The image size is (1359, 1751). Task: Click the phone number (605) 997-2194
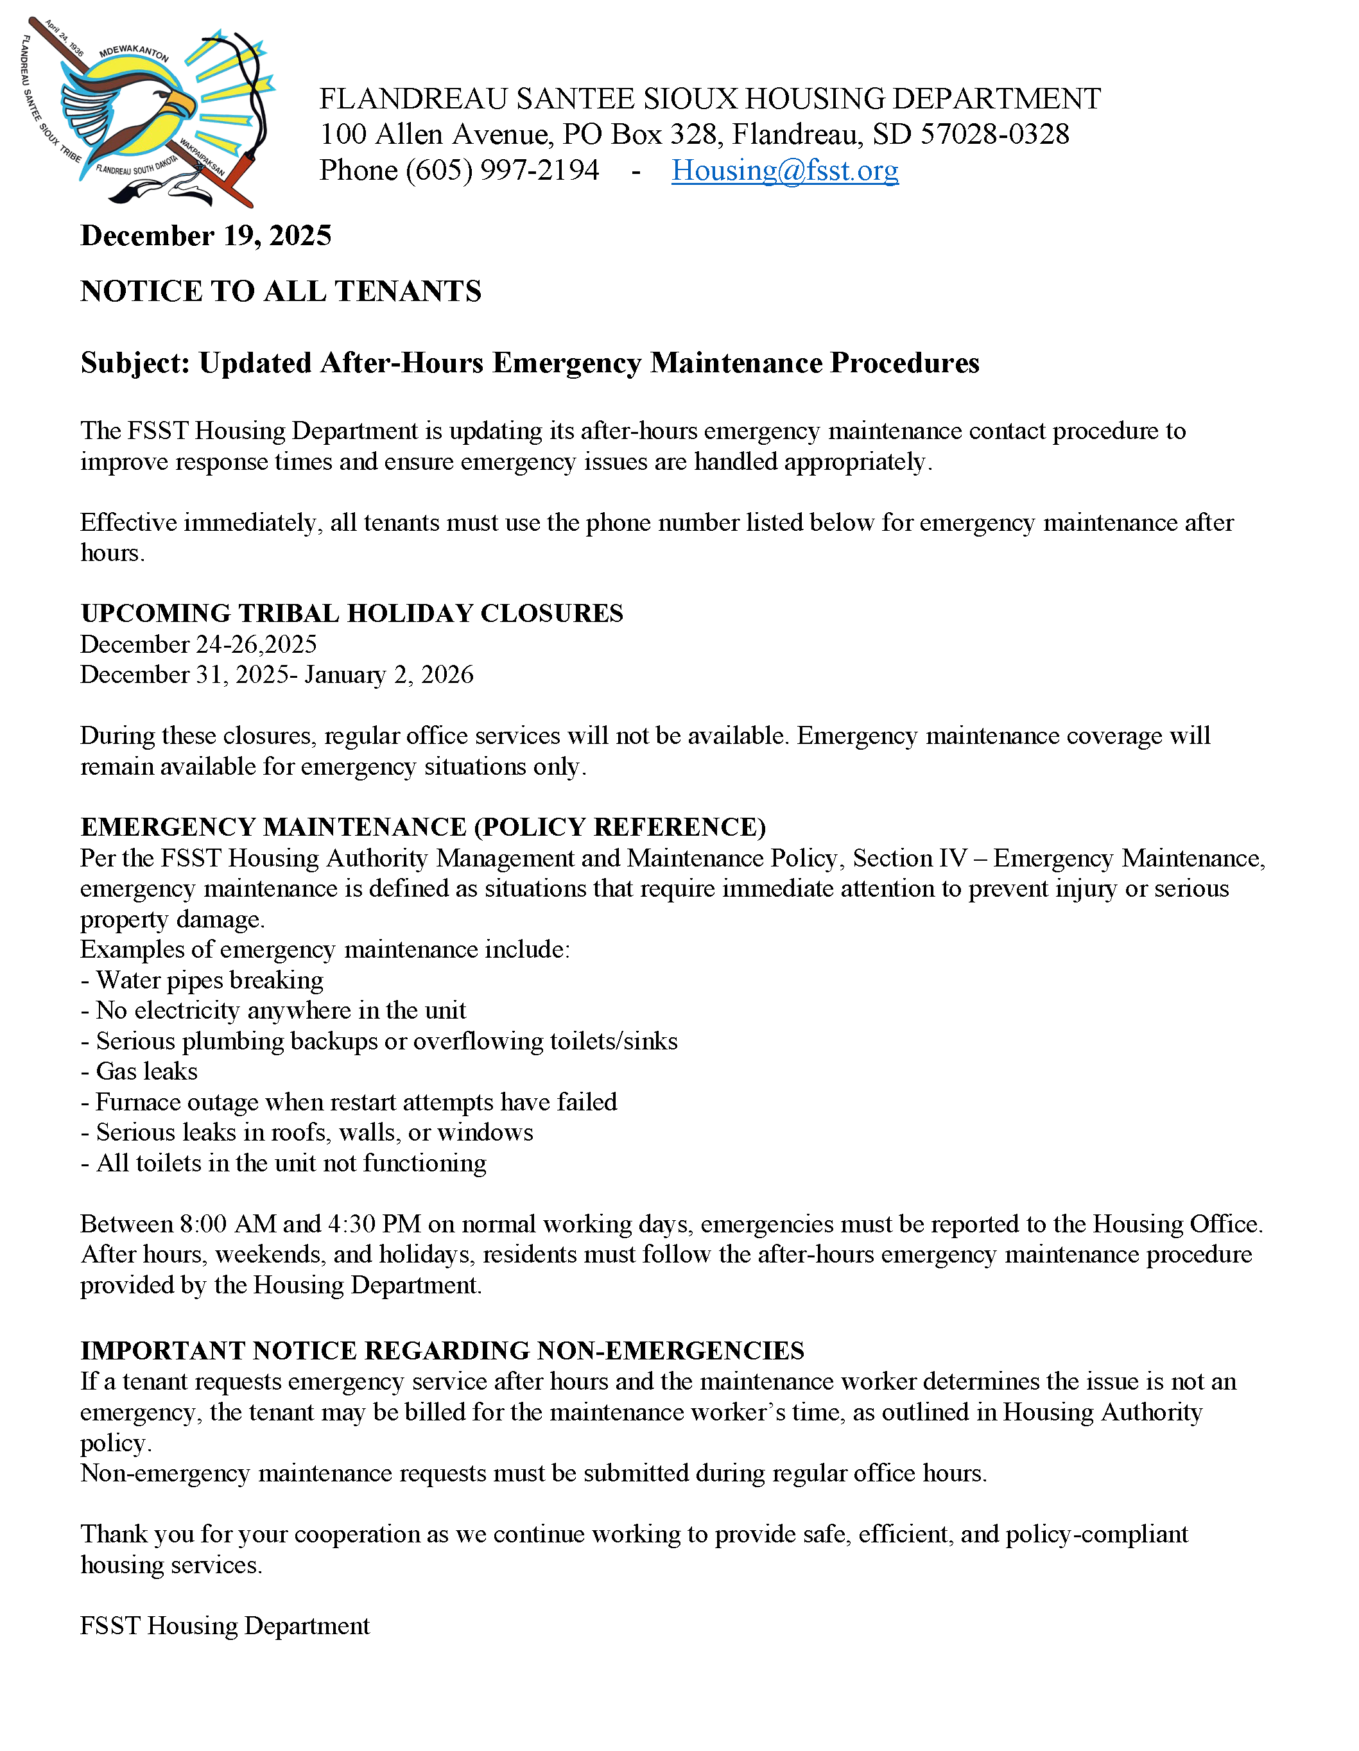click(x=502, y=170)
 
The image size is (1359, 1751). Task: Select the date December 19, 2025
click(x=206, y=236)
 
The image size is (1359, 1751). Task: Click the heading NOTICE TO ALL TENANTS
click(x=281, y=291)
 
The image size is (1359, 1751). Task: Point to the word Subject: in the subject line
click(x=135, y=363)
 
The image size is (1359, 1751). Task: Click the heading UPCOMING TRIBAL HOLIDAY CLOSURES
click(x=351, y=614)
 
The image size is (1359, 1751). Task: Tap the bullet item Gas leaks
click(x=146, y=1071)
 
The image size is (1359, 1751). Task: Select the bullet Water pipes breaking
click(x=209, y=979)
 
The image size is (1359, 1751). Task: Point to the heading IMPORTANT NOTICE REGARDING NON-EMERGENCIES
click(x=442, y=1351)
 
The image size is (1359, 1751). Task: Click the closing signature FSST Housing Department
click(x=225, y=1625)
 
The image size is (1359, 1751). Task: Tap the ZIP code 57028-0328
click(x=994, y=135)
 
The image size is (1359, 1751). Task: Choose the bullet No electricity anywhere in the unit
click(x=280, y=1010)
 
